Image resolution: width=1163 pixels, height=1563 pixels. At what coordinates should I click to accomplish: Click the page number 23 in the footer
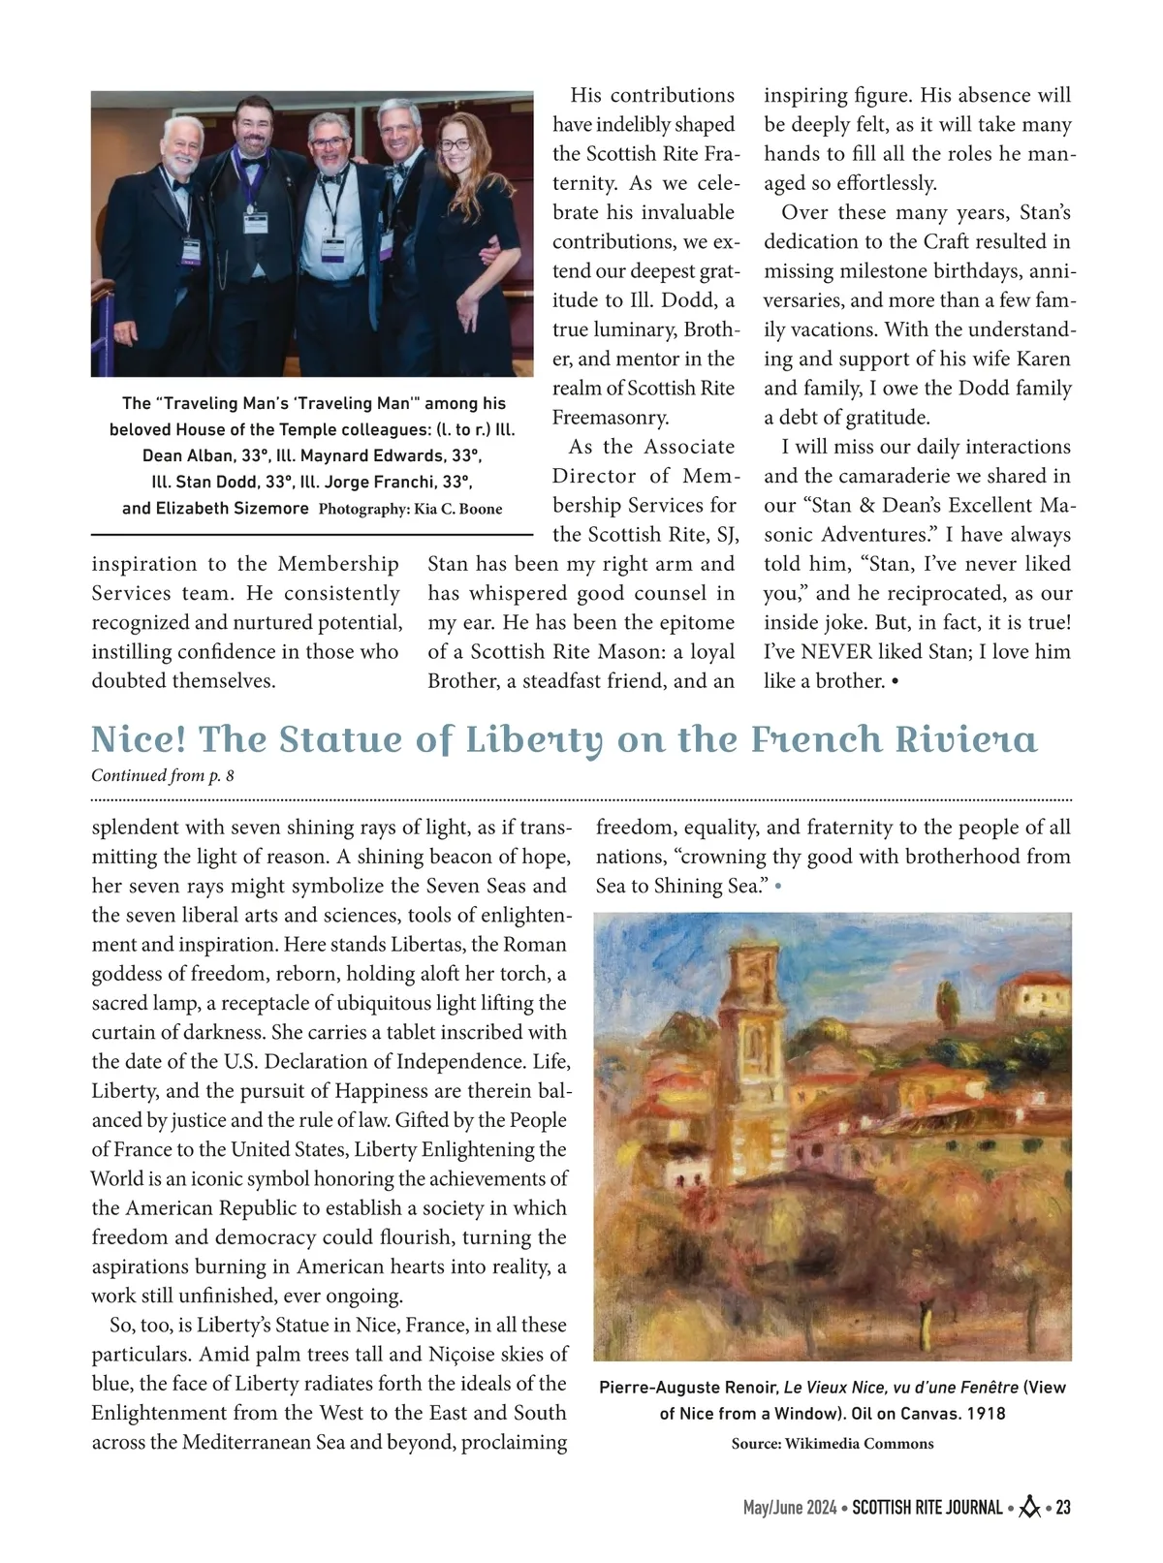coord(1063,1508)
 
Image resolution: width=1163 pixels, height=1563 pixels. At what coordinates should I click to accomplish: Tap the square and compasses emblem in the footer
coord(1030,1508)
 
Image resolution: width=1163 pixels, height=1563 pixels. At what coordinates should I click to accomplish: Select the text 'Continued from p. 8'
coord(163,775)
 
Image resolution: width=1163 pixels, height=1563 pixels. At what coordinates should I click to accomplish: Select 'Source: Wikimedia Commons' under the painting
coord(833,1443)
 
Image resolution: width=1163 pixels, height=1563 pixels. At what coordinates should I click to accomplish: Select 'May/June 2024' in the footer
coord(790,1508)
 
